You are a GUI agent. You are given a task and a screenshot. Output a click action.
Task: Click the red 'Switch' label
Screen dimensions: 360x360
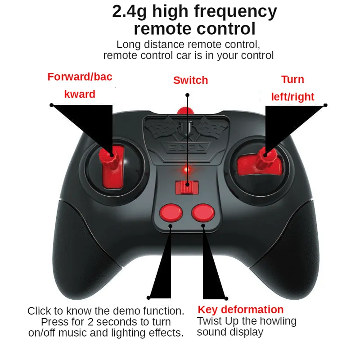(x=190, y=81)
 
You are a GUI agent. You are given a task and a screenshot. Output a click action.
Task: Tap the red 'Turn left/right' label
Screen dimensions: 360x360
(x=293, y=88)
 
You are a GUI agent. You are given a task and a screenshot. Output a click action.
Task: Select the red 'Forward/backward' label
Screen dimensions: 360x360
(x=80, y=85)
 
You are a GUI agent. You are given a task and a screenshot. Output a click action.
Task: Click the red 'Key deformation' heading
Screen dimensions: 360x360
(x=241, y=310)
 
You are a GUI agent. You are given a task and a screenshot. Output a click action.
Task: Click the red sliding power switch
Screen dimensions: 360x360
(x=187, y=187)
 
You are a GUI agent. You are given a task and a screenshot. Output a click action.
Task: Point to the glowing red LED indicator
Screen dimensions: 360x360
(x=187, y=170)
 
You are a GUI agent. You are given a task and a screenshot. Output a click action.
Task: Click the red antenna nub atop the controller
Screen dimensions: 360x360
(x=185, y=111)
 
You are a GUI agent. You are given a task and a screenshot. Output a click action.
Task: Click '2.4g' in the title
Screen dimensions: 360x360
(x=129, y=12)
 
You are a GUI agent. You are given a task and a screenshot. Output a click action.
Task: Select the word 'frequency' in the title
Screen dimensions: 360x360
(x=235, y=12)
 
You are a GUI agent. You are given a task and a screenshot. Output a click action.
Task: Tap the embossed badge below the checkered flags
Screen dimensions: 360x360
(x=186, y=148)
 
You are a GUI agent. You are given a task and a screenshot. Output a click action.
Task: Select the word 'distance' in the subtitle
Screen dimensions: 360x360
(x=165, y=45)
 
